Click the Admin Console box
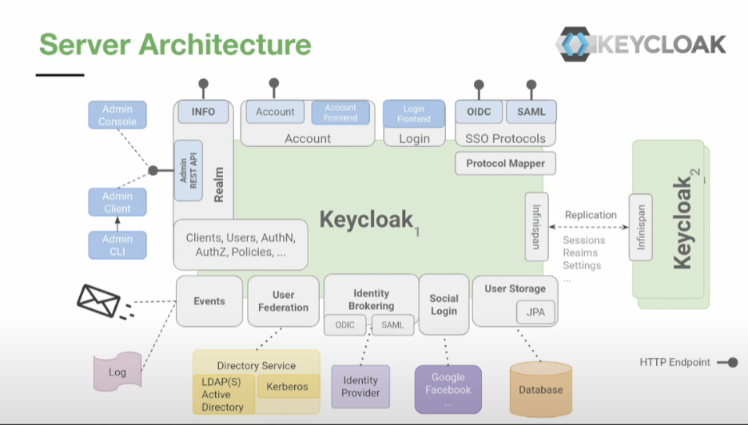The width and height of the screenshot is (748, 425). pyautogui.click(x=117, y=116)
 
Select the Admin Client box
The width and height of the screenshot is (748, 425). pyautogui.click(x=117, y=202)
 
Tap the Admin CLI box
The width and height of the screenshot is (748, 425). pyautogui.click(x=117, y=245)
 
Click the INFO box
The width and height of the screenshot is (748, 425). pyautogui.click(x=203, y=112)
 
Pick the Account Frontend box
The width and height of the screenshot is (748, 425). pyautogui.click(x=340, y=113)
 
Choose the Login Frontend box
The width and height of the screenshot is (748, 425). pyautogui.click(x=414, y=114)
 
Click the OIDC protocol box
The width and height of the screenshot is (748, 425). pyautogui.click(x=479, y=112)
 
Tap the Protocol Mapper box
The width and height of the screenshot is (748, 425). pyautogui.click(x=506, y=164)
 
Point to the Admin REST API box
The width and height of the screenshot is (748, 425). pyautogui.click(x=189, y=171)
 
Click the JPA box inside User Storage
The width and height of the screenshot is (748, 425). pyautogui.click(x=535, y=312)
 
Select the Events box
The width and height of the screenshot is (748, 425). pyautogui.click(x=209, y=301)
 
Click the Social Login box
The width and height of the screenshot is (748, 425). pyautogui.click(x=444, y=304)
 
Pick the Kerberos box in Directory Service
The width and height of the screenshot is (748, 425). pyautogui.click(x=288, y=387)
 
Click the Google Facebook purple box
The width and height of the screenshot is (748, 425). pyautogui.click(x=448, y=389)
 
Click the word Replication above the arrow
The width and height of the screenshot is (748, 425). pyautogui.click(x=591, y=215)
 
